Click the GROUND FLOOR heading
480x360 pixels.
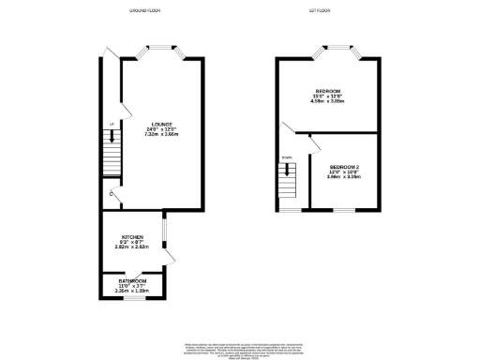pyautogui.click(x=147, y=10)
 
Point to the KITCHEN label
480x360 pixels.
pyautogui.click(x=131, y=238)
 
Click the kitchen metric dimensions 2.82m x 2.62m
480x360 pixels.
pyautogui.click(x=131, y=249)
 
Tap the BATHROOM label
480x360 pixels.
pyautogui.click(x=131, y=280)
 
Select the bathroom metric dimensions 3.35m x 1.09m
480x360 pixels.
pyautogui.click(x=131, y=292)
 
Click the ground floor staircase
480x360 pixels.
pyautogui.click(x=112, y=149)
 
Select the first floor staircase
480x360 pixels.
pyautogui.click(x=288, y=182)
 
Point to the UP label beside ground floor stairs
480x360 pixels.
pyautogui.click(x=111, y=124)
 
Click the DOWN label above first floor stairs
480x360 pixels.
pyautogui.click(x=288, y=157)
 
